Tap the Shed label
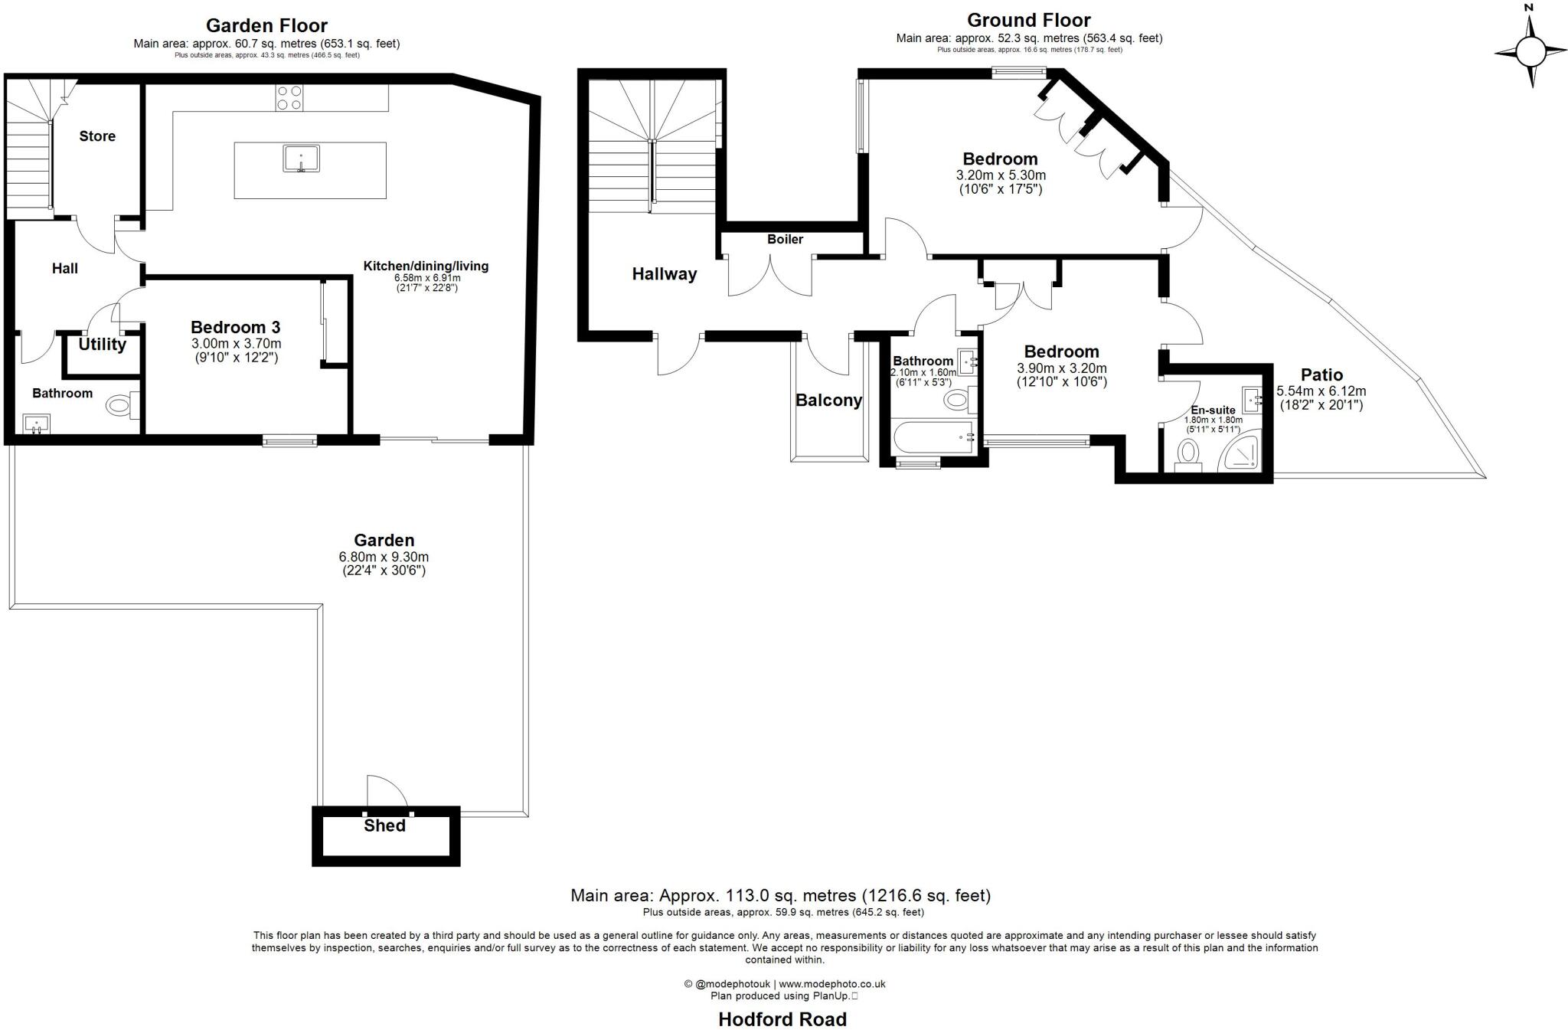point(384,826)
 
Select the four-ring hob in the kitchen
point(289,97)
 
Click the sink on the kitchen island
point(301,159)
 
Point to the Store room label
point(97,136)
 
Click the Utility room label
point(102,345)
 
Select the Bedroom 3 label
point(235,328)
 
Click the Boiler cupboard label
point(785,240)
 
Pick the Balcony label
point(828,401)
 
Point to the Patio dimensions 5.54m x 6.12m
point(1321,391)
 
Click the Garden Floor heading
point(266,26)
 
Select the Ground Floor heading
point(1028,20)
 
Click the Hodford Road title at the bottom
point(782,1019)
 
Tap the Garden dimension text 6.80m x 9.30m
point(384,557)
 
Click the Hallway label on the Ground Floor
point(664,274)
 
